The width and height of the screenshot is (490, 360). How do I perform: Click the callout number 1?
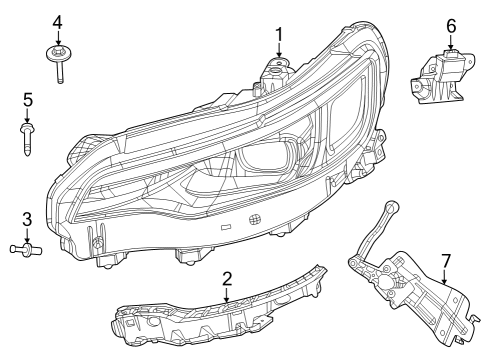pos(279,33)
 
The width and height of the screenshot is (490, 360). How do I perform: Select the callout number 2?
pos(227,278)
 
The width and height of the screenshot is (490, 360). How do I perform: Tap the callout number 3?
pos(27,219)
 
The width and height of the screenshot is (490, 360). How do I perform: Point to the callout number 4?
pos(57,22)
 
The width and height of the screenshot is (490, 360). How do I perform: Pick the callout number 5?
pos(27,99)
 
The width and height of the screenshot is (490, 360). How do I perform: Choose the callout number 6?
pos(451,25)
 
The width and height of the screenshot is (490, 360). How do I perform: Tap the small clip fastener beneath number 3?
pos(26,248)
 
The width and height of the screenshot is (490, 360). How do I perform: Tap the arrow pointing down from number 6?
pos(451,41)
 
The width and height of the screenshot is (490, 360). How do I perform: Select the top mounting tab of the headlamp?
pos(274,70)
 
